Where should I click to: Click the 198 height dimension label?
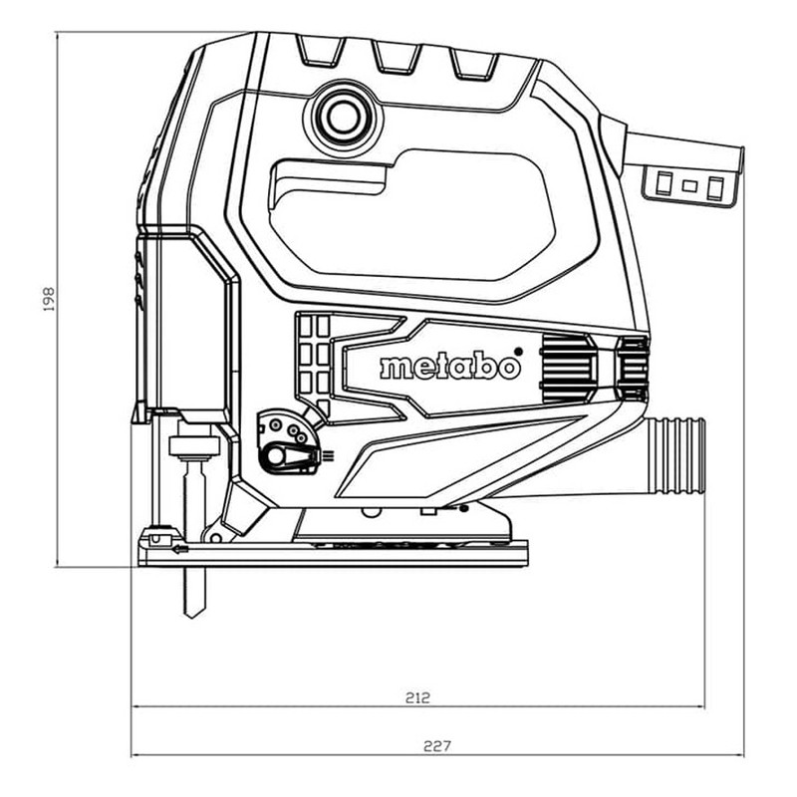click(49, 299)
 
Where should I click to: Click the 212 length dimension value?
click(417, 698)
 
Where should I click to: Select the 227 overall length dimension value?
click(437, 746)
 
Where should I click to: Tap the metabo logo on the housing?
click(451, 367)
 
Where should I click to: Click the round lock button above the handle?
click(343, 118)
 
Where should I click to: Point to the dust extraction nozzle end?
click(700, 455)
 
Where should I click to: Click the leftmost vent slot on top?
click(321, 51)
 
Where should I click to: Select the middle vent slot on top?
click(397, 57)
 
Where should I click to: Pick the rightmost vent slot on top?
click(474, 64)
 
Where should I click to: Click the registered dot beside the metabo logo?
click(518, 352)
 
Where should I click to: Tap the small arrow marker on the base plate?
click(180, 550)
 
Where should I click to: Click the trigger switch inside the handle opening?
click(328, 181)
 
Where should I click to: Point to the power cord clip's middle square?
click(689, 186)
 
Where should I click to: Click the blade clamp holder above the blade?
click(193, 443)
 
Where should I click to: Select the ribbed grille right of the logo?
click(565, 366)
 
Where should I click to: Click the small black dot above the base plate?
click(463, 508)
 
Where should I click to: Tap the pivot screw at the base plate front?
click(215, 538)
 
